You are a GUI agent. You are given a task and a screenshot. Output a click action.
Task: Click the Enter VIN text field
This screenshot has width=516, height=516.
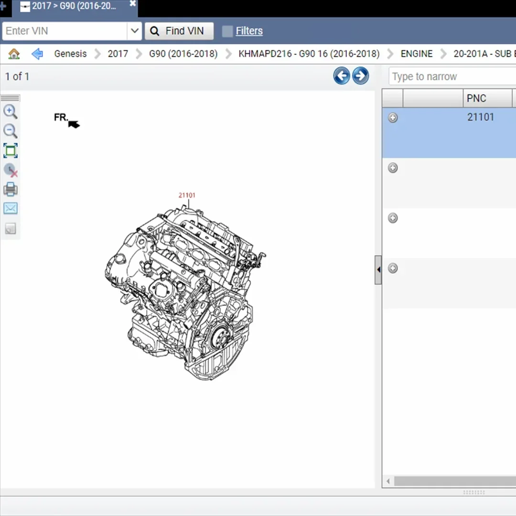tap(64, 31)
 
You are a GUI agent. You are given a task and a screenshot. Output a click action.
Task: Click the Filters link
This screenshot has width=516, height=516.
tap(249, 31)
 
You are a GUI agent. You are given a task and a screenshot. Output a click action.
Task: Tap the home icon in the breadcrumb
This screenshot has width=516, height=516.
tap(14, 54)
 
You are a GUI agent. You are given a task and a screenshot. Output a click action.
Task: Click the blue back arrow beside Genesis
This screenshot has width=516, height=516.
tap(37, 54)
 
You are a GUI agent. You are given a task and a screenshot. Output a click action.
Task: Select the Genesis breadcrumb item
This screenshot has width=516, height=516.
tap(70, 54)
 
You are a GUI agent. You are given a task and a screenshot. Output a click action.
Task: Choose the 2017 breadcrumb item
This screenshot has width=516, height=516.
tap(118, 54)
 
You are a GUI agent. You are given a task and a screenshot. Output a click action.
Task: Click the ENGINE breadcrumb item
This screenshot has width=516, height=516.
tap(416, 54)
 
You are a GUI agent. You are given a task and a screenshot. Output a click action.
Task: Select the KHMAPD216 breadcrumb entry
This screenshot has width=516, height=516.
tap(309, 54)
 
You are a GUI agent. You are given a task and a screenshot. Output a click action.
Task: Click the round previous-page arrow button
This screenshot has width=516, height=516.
tap(341, 76)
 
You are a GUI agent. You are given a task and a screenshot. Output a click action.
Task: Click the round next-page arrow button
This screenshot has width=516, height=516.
tap(360, 76)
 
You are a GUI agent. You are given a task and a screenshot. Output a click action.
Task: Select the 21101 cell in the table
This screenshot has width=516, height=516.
tap(481, 118)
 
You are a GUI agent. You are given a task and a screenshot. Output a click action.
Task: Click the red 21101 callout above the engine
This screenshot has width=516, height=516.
tap(187, 195)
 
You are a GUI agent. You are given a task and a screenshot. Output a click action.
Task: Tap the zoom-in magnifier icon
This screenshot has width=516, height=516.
tap(11, 112)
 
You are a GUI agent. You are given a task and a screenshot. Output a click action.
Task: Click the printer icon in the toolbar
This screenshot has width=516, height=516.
tap(11, 190)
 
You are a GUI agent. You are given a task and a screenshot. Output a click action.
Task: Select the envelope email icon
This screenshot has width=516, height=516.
tap(11, 208)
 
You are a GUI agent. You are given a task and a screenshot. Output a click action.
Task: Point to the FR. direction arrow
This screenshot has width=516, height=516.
tap(74, 124)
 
